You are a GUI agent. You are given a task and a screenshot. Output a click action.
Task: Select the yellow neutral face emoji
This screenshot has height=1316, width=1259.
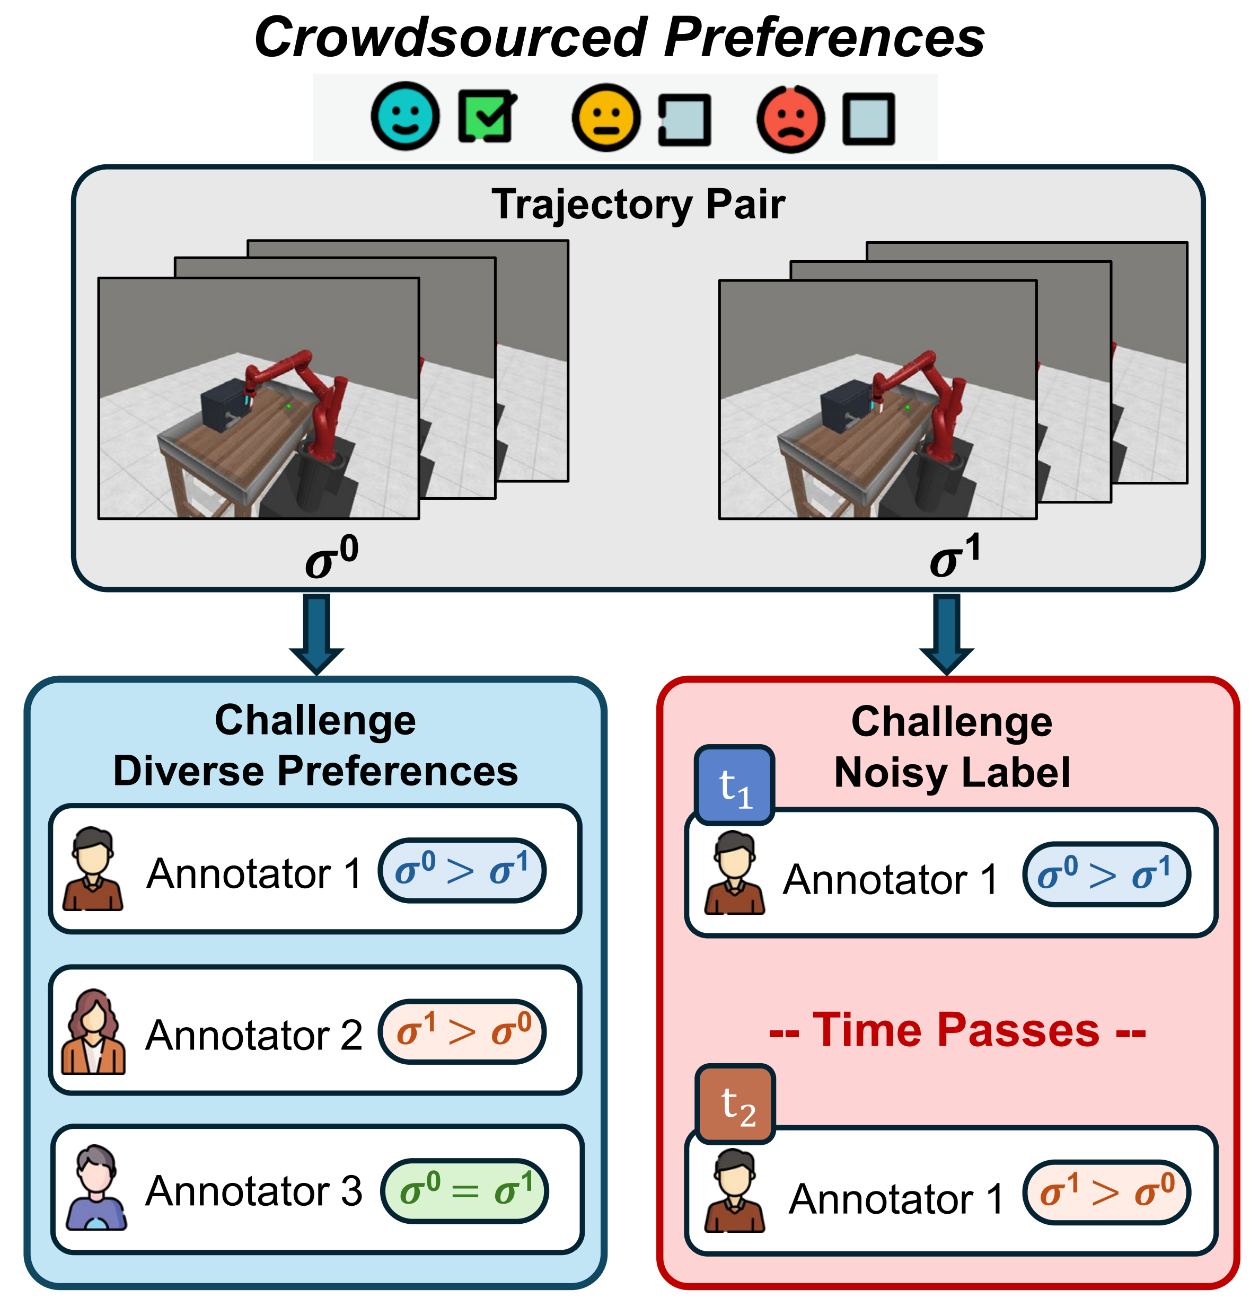coord(605,118)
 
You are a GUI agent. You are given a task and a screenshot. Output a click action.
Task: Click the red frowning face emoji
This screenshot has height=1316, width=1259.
coord(790,119)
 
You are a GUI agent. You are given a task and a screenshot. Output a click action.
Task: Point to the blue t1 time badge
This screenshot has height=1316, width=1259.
coord(734,784)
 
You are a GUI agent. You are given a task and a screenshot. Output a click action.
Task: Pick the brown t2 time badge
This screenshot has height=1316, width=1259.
coord(736,1104)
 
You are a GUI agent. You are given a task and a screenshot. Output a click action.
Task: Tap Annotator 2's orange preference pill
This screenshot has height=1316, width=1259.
coord(462,1031)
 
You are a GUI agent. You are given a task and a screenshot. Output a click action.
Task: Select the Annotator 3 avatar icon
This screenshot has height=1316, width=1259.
coord(96,1187)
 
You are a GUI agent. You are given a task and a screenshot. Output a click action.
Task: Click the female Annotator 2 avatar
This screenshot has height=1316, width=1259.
coord(93,1031)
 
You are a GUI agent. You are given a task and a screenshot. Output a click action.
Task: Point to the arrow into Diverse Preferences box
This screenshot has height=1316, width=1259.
coord(317,634)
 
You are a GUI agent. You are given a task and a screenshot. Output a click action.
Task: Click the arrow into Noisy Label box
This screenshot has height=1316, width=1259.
coord(946,634)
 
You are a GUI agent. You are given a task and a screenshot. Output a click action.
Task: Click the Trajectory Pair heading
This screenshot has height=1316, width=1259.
coord(638,204)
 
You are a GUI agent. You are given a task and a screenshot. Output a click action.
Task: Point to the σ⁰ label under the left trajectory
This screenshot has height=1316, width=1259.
coord(331,557)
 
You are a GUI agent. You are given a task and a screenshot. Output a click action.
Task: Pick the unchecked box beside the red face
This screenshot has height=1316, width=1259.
coord(868,119)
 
